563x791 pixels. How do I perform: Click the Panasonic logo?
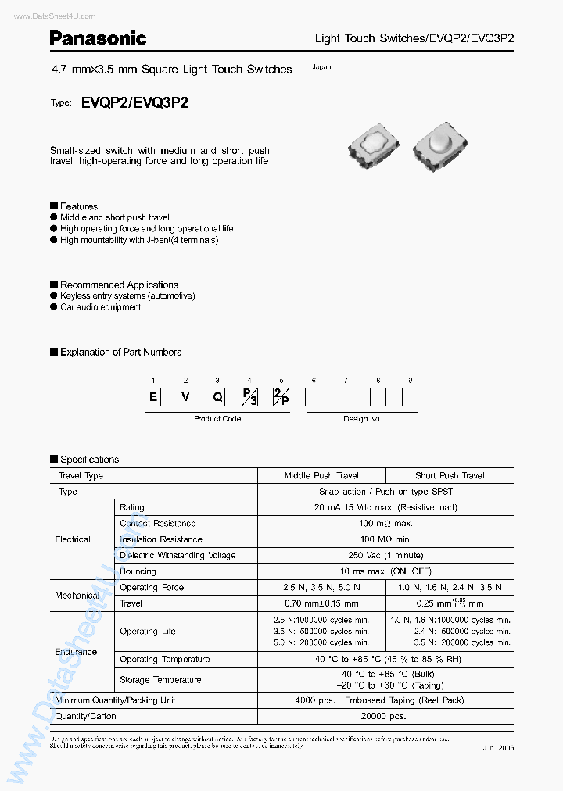98,38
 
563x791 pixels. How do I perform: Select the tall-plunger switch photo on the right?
440,146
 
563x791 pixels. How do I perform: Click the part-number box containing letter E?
154,397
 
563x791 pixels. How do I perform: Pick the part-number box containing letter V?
185,397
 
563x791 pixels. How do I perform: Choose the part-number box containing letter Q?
217,397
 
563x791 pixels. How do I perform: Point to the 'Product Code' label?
217,419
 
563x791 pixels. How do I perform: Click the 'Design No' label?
361,419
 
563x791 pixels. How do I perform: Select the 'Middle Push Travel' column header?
321,475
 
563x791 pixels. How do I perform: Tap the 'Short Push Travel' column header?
450,475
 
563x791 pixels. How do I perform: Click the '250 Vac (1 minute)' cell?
385,555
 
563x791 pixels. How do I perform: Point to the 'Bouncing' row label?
137,571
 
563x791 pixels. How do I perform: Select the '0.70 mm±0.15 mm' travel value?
321,603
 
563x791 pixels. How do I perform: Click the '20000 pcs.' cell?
385,716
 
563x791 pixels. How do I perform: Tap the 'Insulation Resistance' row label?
160,539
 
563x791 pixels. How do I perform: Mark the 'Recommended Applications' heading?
119,285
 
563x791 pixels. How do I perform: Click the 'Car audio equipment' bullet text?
100,307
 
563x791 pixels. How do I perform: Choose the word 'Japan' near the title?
321,67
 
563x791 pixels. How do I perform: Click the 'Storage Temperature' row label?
160,680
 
